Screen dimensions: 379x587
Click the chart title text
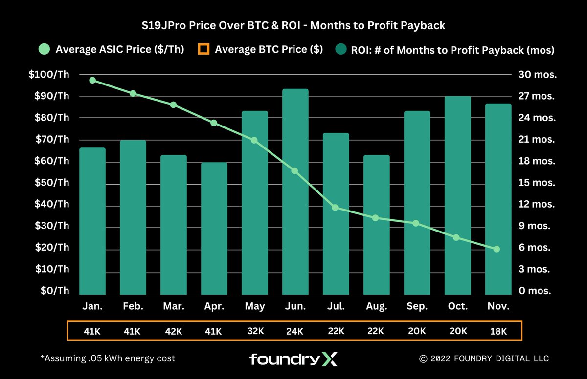[293, 25]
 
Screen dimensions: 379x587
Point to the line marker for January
[92, 80]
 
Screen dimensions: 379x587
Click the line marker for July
[335, 208]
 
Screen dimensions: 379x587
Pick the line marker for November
[497, 249]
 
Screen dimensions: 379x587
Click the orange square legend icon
[203, 49]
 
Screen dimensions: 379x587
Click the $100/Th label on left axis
[49, 75]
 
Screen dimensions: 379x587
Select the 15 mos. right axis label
[537, 183]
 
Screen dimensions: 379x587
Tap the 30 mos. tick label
[537, 75]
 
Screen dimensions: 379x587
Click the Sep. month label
[417, 306]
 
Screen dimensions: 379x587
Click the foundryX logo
[293, 359]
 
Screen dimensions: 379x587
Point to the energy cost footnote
[107, 358]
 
